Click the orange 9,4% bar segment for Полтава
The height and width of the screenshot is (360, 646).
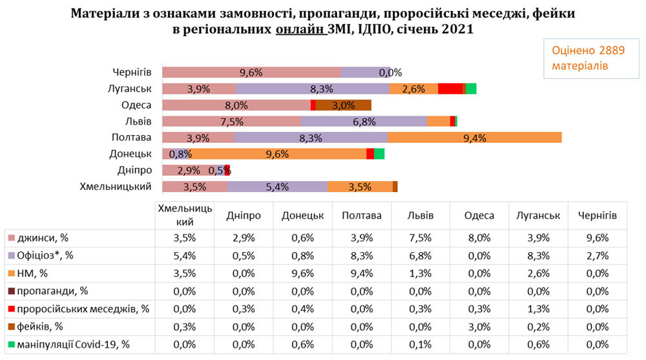pyautogui.click(x=475, y=138)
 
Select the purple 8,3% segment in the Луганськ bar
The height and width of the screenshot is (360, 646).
pyautogui.click(x=313, y=89)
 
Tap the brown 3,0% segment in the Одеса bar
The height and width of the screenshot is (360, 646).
pyautogui.click(x=344, y=105)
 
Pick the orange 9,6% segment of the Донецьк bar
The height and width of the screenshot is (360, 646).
pyautogui.click(x=277, y=154)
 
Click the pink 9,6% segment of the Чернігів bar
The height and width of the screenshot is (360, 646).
pyautogui.click(x=252, y=72)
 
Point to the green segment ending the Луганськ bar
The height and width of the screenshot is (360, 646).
pyautogui.click(x=472, y=89)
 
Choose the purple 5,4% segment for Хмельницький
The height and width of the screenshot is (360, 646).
pyautogui.click(x=278, y=187)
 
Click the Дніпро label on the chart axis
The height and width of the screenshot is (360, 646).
pyautogui.click(x=135, y=171)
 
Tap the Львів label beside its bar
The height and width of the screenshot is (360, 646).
pyautogui.click(x=138, y=122)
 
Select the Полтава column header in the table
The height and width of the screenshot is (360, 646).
pyautogui.click(x=362, y=216)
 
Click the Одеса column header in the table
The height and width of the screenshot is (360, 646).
pyautogui.click(x=479, y=216)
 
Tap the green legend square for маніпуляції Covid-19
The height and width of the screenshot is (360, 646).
pyautogui.click(x=12, y=344)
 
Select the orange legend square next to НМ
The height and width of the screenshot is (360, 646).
pyautogui.click(x=12, y=273)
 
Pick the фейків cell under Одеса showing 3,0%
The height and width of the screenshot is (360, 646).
pyautogui.click(x=479, y=327)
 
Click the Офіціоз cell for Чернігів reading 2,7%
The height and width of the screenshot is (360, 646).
pyautogui.click(x=598, y=256)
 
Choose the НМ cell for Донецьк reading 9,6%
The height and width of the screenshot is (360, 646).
pyautogui.click(x=303, y=274)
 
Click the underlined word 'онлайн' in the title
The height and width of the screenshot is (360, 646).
pyautogui.click(x=300, y=29)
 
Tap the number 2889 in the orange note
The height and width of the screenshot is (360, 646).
pyautogui.click(x=612, y=50)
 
